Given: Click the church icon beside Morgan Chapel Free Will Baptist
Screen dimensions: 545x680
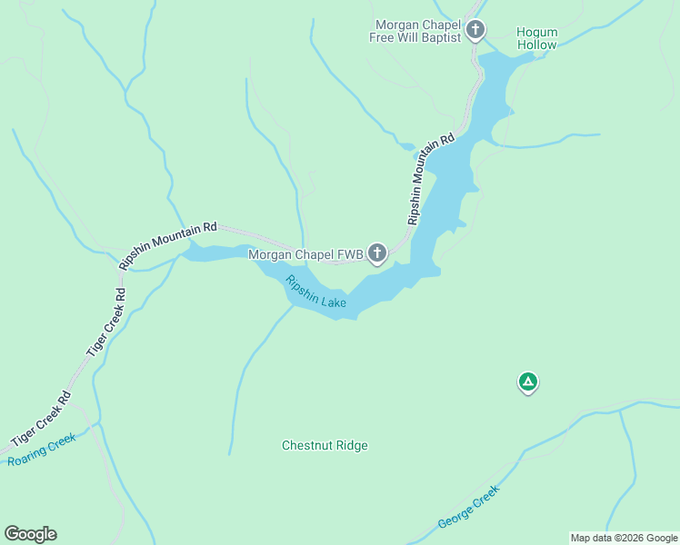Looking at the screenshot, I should (x=475, y=31).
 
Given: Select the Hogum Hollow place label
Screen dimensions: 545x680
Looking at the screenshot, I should (x=537, y=38).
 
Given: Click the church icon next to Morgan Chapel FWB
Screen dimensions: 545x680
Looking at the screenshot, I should (x=377, y=254).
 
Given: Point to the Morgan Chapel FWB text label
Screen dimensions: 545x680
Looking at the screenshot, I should (x=305, y=254).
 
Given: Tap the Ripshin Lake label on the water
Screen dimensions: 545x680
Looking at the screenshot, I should (x=315, y=292).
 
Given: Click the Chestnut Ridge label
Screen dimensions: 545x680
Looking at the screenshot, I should (x=325, y=445).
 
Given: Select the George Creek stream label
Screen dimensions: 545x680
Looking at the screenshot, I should (x=468, y=508).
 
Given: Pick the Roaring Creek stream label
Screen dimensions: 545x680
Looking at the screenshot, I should (x=42, y=449).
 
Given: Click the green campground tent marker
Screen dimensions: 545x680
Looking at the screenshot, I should (x=527, y=381).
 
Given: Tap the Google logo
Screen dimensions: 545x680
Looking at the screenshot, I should (x=30, y=534).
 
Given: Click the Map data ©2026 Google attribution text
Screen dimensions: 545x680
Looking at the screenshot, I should (x=624, y=538).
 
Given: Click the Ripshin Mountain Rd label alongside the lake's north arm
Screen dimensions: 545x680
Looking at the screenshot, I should (x=430, y=181).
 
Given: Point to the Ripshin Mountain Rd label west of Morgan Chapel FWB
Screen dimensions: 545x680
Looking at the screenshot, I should (x=168, y=246).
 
